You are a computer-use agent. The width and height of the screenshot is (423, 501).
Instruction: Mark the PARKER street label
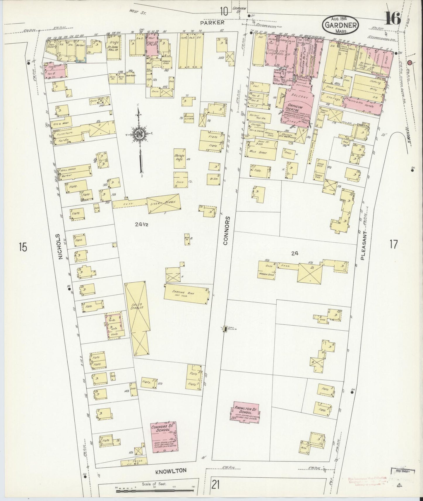(208, 22)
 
